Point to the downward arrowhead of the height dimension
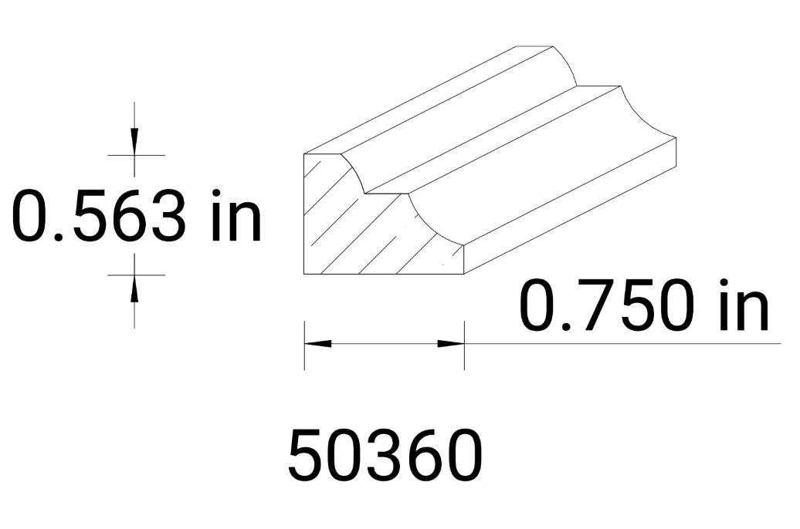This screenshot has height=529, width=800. (x=134, y=142)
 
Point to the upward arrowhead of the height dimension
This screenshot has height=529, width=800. (x=134, y=287)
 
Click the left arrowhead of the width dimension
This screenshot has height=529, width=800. (x=317, y=343)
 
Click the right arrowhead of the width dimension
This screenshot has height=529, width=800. (x=451, y=343)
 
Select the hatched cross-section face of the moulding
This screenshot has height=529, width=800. (x=347, y=231)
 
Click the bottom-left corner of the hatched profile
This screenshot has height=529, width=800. (x=304, y=275)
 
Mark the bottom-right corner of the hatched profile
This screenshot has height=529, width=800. (x=463, y=275)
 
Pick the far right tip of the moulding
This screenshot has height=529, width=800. (x=676, y=138)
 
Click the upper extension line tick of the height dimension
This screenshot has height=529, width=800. (x=136, y=155)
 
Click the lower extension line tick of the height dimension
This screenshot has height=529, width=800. (x=136, y=275)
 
